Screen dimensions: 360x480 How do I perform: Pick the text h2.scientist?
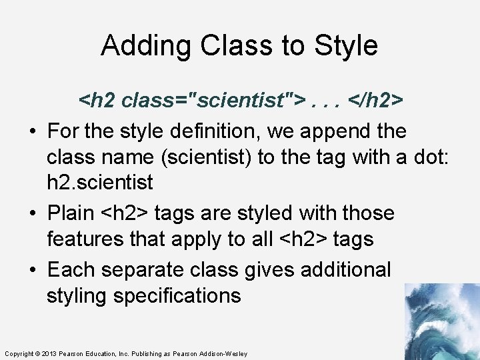click(x=100, y=182)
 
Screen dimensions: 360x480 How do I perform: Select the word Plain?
click(x=71, y=213)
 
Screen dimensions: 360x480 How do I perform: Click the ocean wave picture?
click(x=441, y=321)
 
